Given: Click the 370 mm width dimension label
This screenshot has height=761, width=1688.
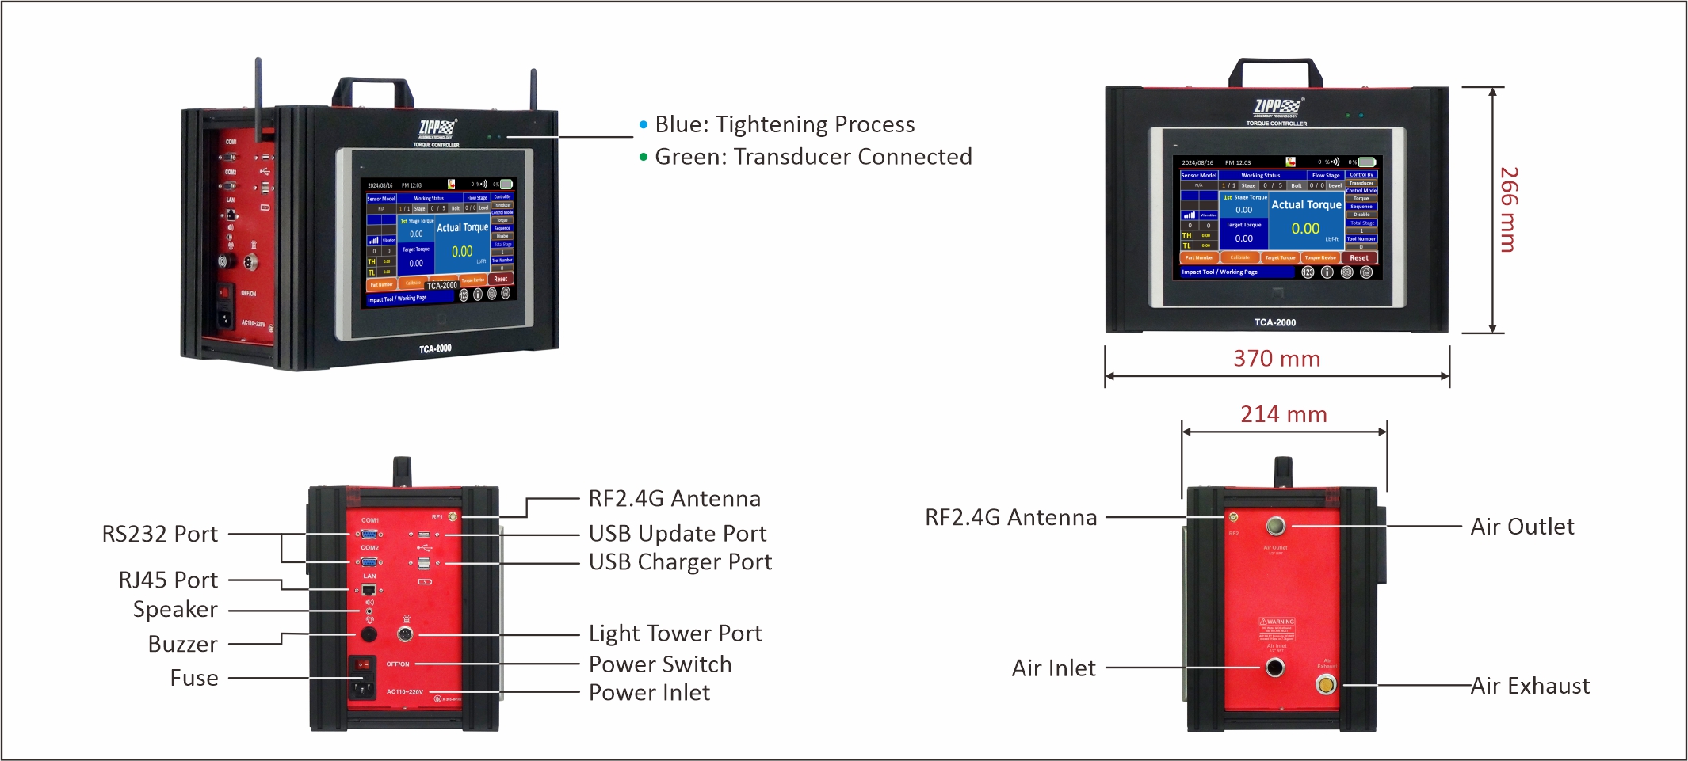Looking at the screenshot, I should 1276,359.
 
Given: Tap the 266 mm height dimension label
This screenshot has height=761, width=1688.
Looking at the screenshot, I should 1508,210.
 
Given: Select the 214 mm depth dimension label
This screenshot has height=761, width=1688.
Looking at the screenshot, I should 1283,414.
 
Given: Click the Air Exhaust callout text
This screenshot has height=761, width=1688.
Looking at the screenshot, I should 1530,686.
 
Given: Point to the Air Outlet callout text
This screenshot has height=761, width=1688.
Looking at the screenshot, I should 1522,527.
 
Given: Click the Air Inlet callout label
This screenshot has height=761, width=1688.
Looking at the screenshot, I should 1053,668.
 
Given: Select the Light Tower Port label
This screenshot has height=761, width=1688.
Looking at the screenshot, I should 674,634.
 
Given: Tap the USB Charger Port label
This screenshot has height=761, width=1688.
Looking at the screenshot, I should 679,562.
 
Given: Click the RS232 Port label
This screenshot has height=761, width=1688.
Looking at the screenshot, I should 159,534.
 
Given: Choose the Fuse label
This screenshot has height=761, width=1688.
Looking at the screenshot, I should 194,678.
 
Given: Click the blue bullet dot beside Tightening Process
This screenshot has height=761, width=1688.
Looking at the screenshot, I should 644,125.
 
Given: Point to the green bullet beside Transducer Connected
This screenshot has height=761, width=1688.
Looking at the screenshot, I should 644,157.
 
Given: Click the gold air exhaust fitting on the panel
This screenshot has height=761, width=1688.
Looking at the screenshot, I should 1326,684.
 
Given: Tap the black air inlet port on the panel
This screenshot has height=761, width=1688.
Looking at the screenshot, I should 1274,668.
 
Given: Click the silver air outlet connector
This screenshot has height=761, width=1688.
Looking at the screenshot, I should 1276,526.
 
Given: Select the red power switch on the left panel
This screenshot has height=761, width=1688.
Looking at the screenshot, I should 362,664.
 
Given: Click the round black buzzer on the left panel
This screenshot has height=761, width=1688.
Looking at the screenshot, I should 369,634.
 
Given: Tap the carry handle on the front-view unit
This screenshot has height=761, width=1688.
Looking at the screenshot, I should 1275,70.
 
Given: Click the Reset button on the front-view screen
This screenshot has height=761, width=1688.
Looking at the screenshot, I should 1359,257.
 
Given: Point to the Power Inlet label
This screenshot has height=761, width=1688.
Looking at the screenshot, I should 649,693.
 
